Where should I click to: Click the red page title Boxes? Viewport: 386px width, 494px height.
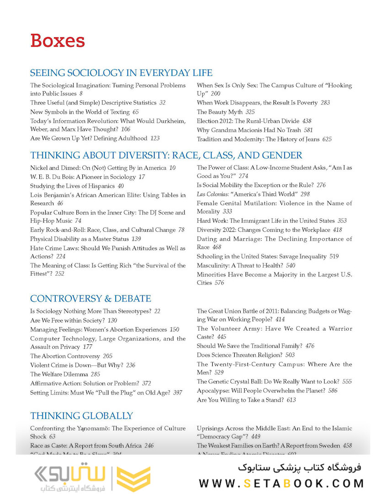(x=58, y=41)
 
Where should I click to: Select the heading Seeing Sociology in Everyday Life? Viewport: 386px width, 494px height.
(x=121, y=73)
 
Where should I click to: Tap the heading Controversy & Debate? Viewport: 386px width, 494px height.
(x=91, y=299)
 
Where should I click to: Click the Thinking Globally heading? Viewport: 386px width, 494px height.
(x=81, y=416)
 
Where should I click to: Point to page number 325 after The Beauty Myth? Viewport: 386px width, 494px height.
(x=250, y=112)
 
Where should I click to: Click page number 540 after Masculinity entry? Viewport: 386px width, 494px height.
(x=290, y=265)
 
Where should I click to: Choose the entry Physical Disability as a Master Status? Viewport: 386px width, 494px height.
(x=79, y=239)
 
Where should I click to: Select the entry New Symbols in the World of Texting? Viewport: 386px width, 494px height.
(x=79, y=112)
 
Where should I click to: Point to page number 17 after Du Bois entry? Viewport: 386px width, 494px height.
(x=142, y=177)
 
